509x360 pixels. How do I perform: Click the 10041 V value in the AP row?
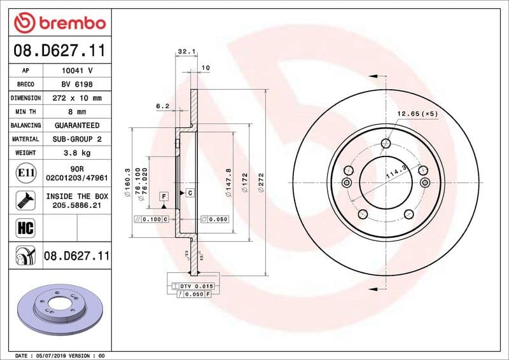[x=76, y=71]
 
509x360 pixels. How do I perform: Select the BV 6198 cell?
[x=76, y=85]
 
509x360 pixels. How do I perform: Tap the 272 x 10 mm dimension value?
[x=76, y=99]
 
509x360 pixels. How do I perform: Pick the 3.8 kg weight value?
[x=76, y=153]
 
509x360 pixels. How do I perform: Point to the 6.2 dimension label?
[x=162, y=106]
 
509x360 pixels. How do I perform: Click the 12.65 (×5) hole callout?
[x=417, y=114]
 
